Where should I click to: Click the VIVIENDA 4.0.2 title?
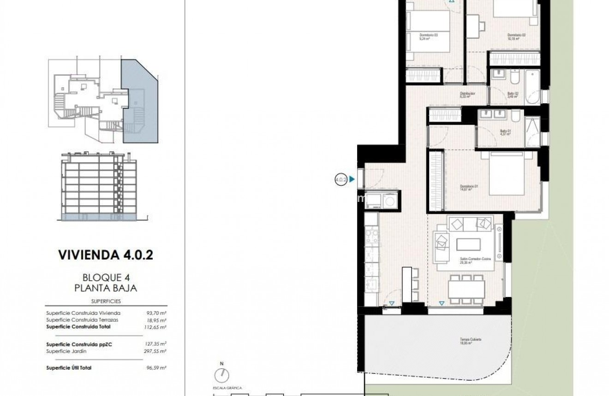106,255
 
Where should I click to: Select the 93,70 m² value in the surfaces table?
156,313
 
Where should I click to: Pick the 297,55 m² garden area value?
156,351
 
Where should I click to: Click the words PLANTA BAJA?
106,288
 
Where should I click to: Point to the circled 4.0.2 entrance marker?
340,180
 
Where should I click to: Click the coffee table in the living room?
468,244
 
